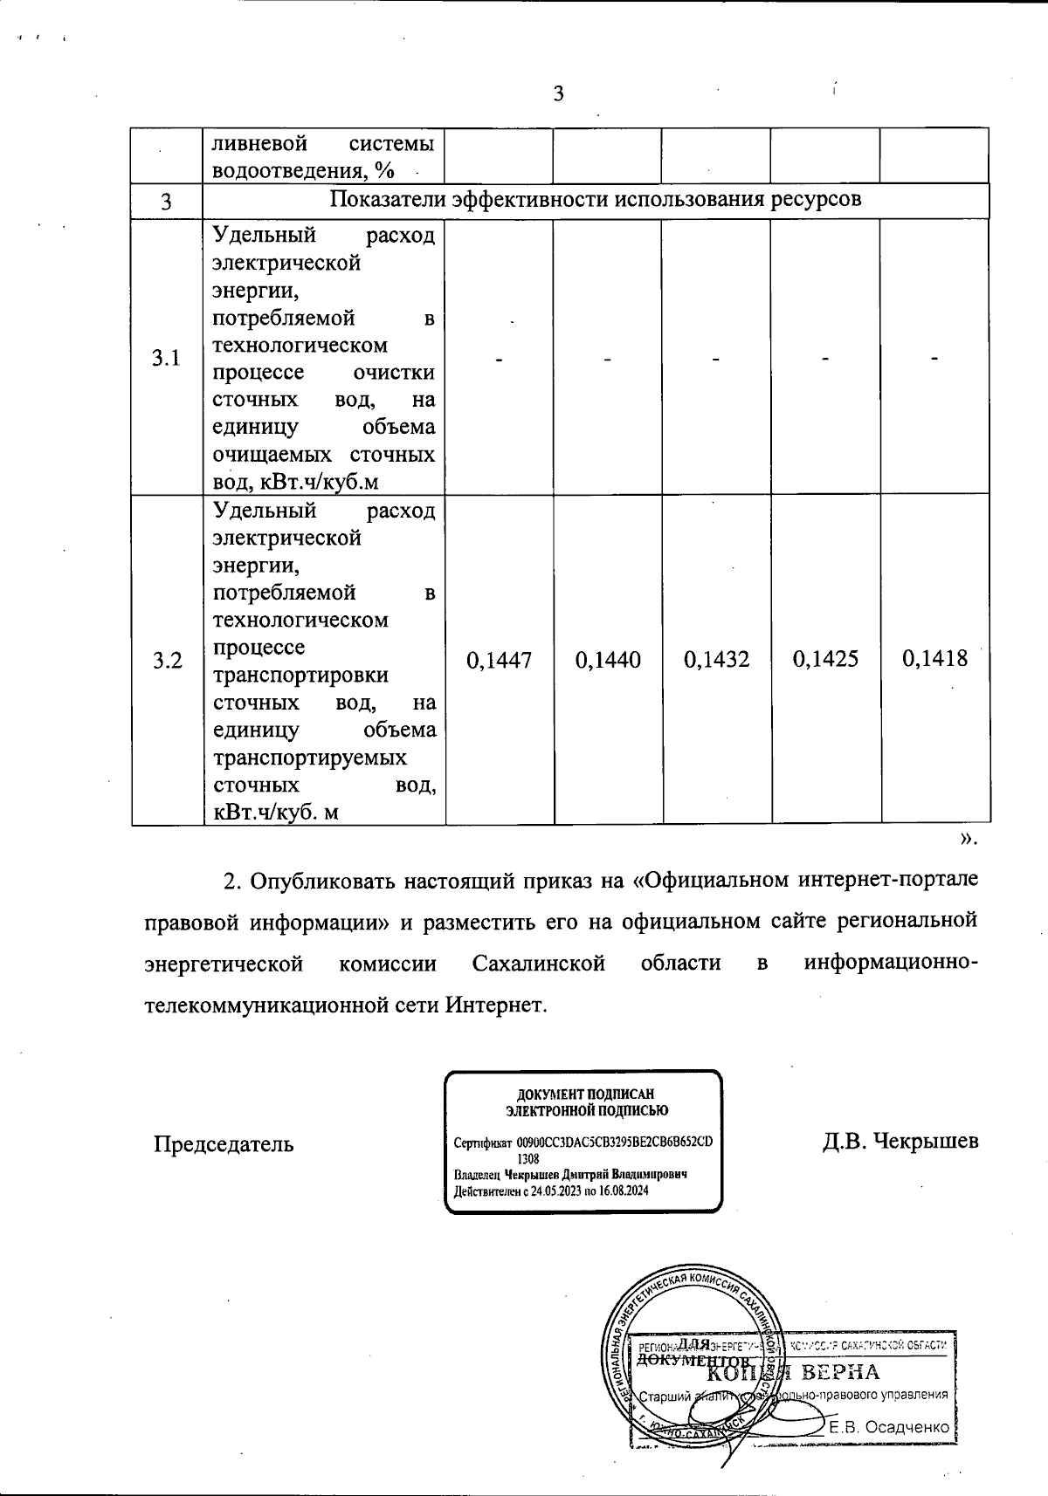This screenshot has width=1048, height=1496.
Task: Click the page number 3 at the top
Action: tap(559, 94)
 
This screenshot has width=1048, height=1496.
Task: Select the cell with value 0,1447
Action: tap(500, 659)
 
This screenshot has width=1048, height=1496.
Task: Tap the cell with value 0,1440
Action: tap(608, 659)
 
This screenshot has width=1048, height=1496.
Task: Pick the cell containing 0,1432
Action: tap(716, 659)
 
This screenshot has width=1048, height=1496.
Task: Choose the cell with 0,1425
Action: tap(825, 659)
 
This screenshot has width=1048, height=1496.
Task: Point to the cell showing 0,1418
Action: tap(934, 659)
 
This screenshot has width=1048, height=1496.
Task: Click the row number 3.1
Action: tap(167, 358)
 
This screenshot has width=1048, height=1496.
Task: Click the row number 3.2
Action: tap(167, 660)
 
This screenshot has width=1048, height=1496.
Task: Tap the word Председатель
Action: tap(224, 1143)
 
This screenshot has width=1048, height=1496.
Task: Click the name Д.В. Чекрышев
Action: tap(900, 1142)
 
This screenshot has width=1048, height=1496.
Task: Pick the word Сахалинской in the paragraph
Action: tap(538, 964)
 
